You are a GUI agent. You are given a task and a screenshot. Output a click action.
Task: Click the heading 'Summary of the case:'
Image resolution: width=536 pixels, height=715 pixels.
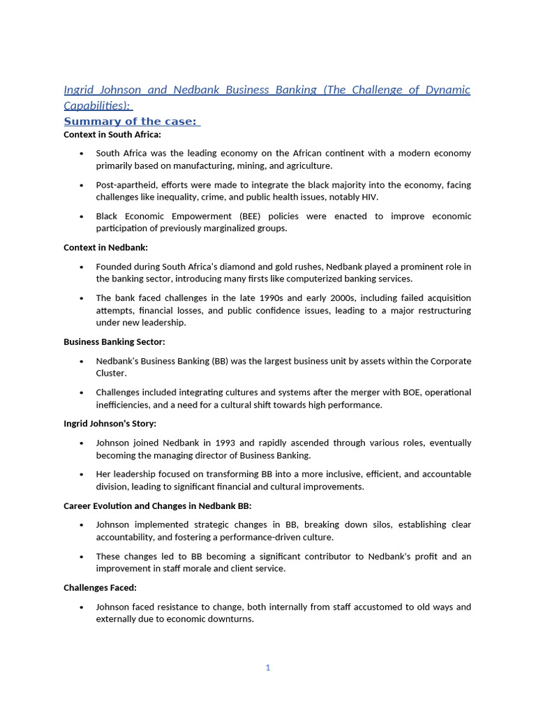[131, 121]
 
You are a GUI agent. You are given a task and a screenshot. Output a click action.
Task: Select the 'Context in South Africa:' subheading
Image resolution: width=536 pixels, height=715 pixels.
[112, 134]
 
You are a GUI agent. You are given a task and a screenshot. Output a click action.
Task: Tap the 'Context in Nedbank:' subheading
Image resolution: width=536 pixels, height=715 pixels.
[105, 247]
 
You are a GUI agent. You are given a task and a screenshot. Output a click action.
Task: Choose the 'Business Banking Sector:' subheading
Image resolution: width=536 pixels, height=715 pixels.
[114, 341]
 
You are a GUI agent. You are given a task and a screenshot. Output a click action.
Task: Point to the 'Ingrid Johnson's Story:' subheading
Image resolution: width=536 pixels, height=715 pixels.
[110, 423]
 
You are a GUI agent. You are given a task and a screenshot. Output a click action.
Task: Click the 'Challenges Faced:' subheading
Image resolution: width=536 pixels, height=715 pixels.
[100, 587]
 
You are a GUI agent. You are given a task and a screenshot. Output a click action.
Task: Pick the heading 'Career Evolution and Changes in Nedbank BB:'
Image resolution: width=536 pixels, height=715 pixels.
[157, 506]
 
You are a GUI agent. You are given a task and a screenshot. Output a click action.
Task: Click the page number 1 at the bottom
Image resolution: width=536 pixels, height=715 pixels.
[267, 668]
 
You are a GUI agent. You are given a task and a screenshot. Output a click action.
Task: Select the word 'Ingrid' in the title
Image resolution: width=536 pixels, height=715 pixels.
[80, 90]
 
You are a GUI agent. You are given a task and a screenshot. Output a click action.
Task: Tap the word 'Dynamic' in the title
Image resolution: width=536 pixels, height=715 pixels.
[447, 90]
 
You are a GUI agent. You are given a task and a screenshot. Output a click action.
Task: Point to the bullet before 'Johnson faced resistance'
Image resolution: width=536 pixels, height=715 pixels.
[82, 607]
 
